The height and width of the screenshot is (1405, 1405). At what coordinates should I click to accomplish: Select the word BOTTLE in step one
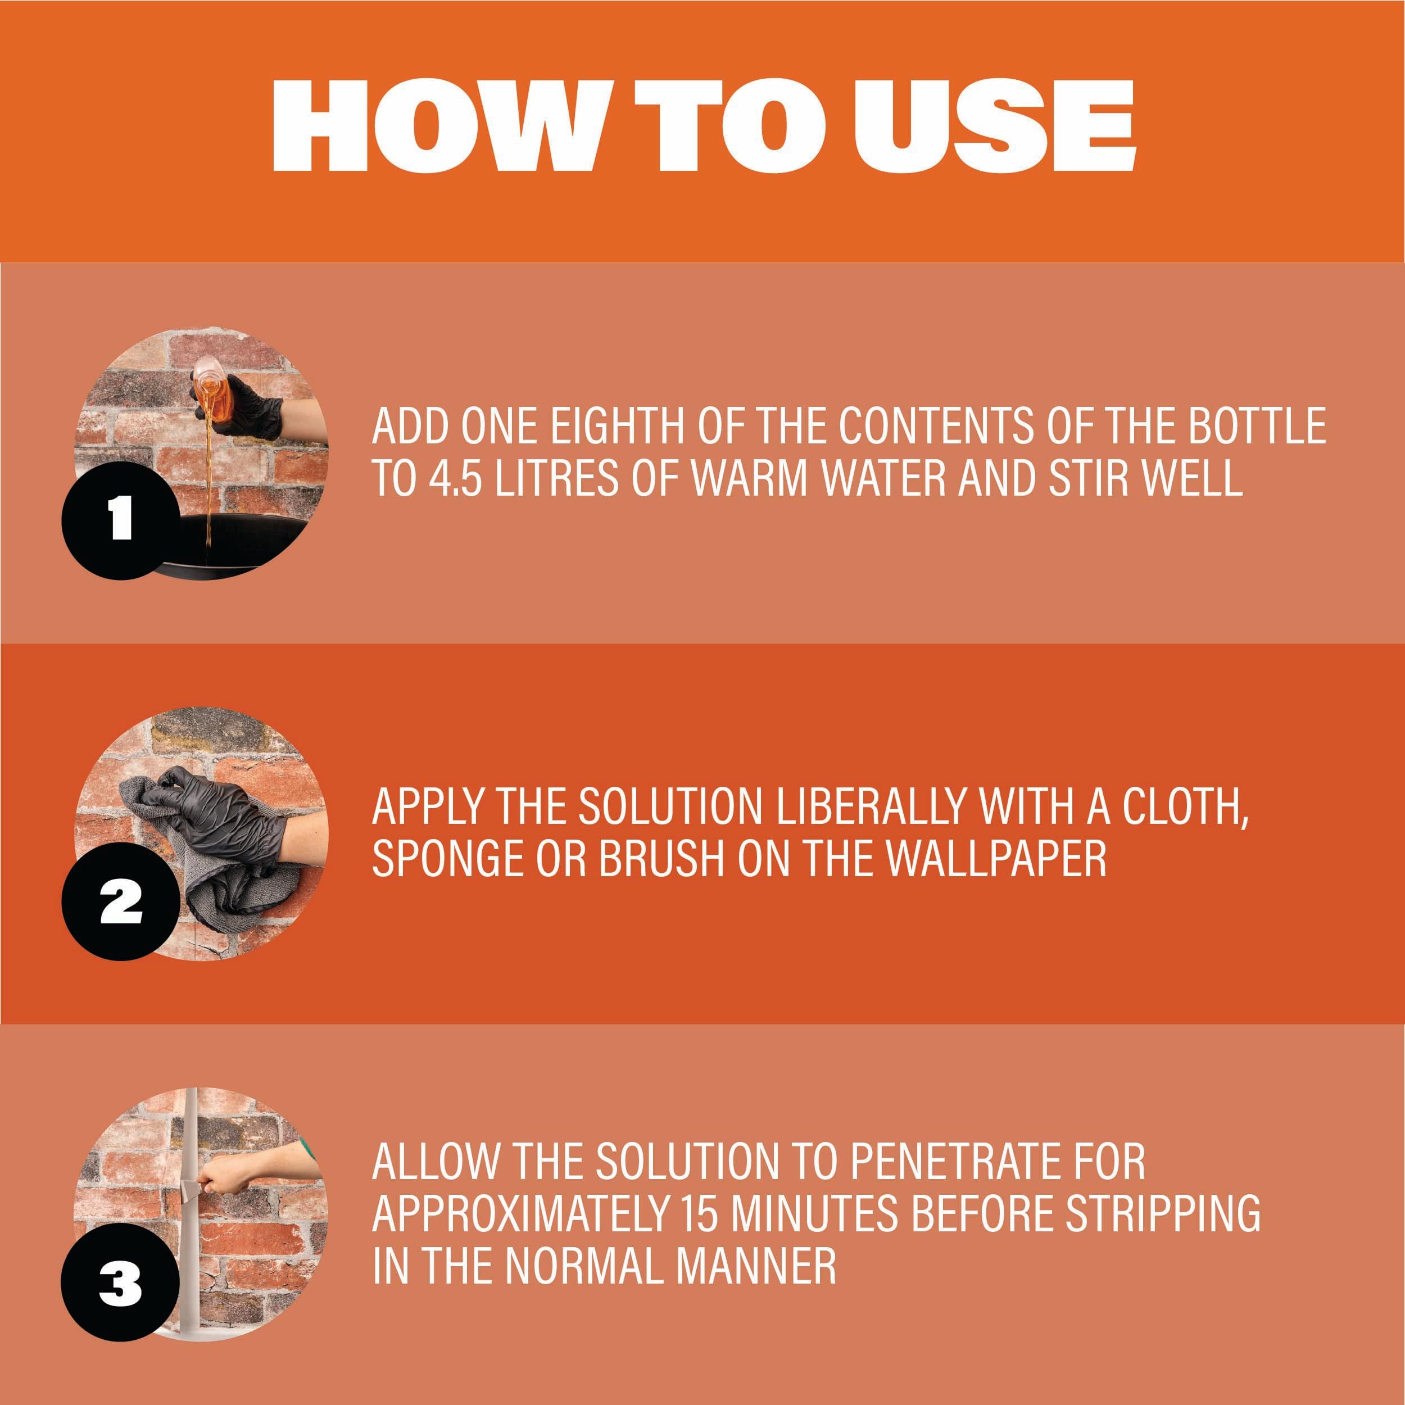tap(1257, 425)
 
